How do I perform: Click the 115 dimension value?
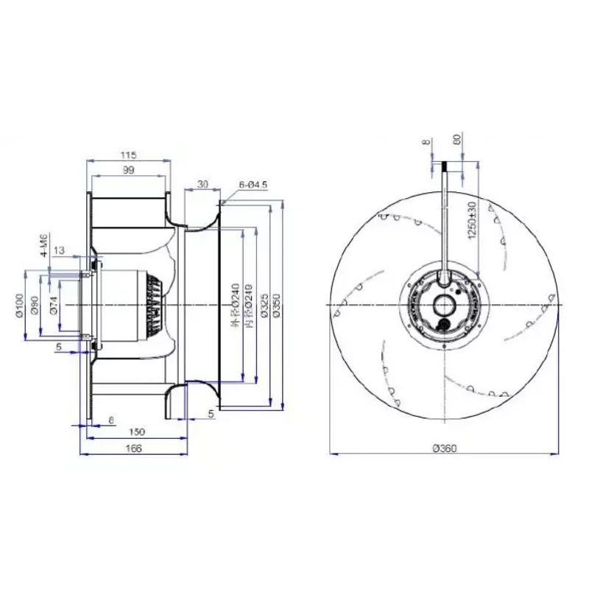(x=130, y=155)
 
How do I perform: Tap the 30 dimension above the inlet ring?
(x=202, y=184)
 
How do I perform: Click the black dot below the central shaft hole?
(x=445, y=323)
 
